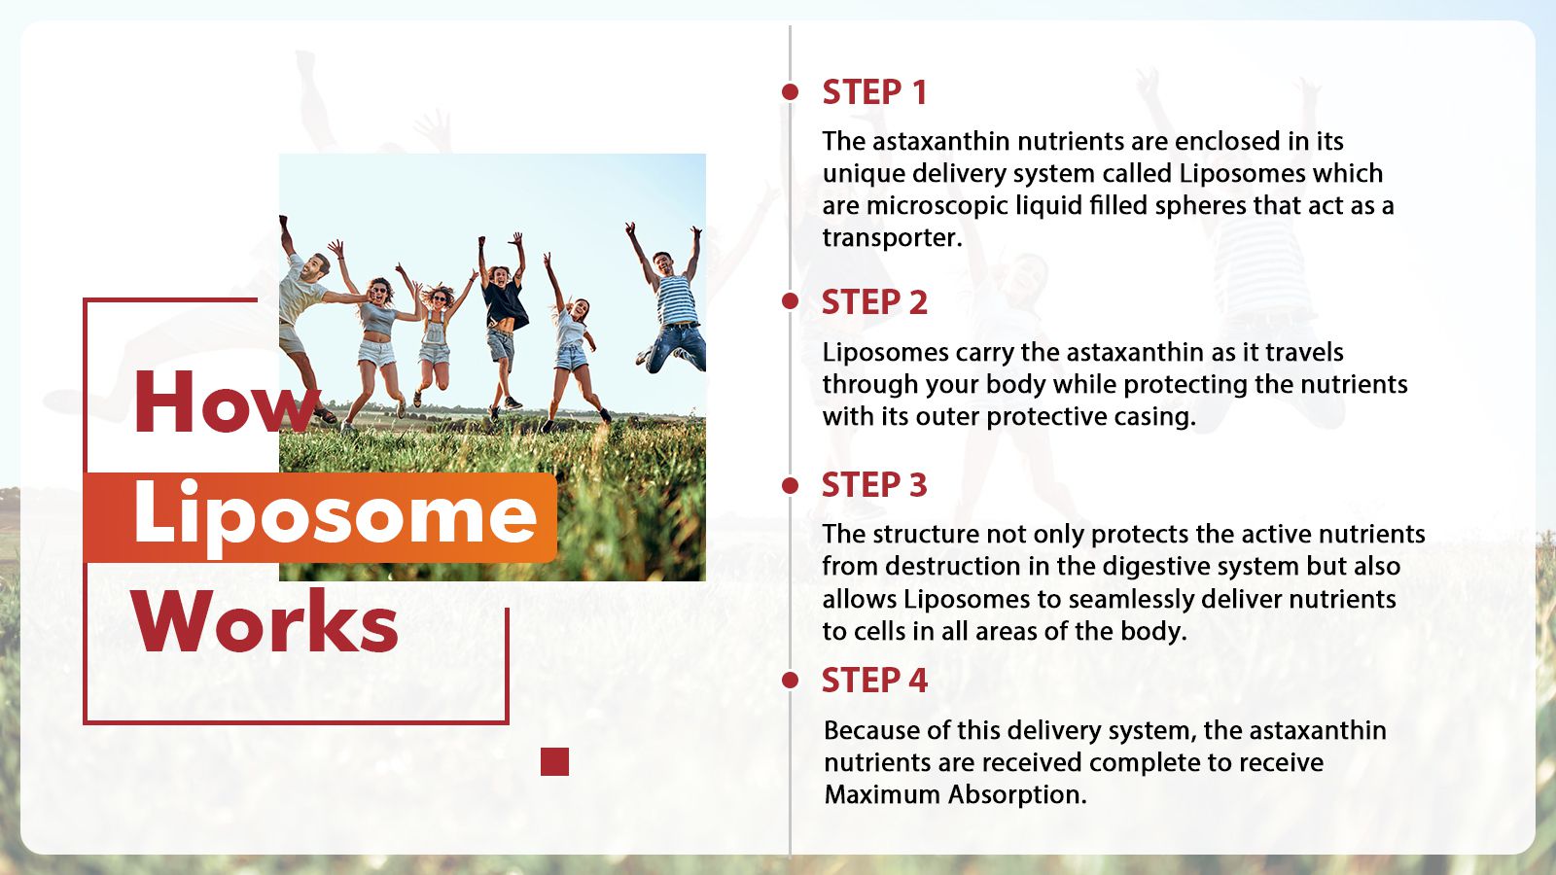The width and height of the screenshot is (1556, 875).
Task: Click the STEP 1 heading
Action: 874,92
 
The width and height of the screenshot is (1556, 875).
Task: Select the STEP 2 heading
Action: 874,302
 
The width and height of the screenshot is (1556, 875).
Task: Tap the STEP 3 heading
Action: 874,485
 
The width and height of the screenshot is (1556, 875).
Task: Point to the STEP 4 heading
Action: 874,680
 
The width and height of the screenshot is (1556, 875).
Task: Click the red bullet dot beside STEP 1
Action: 790,91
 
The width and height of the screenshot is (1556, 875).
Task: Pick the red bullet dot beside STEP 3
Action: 790,485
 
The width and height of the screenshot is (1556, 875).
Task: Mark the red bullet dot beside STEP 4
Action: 790,680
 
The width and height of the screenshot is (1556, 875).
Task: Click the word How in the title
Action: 227,402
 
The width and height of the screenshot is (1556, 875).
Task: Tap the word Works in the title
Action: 266,621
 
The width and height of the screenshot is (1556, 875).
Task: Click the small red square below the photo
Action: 554,762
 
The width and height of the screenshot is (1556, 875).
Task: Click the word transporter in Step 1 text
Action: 893,238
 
